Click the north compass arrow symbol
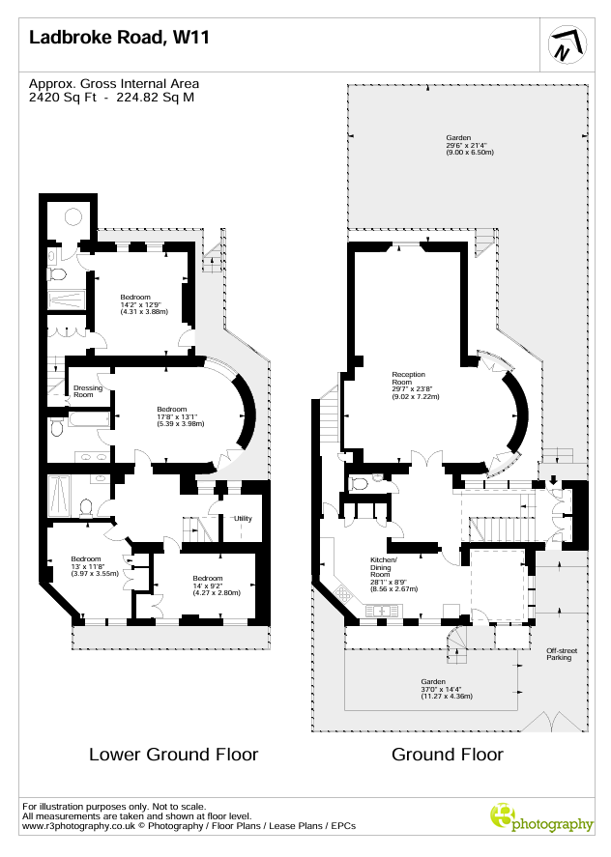(x=567, y=44)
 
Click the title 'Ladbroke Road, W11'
(x=119, y=37)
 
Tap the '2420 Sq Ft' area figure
(x=63, y=98)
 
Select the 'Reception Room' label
(x=409, y=378)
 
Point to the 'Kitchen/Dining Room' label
(x=384, y=567)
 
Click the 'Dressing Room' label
(x=88, y=390)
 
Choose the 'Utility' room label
(x=243, y=518)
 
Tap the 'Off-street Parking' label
(x=562, y=654)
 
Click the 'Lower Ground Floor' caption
(x=173, y=755)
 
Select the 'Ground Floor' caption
(x=448, y=755)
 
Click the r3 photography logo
(x=541, y=818)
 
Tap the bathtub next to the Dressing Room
(x=90, y=419)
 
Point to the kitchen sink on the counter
(x=382, y=610)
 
